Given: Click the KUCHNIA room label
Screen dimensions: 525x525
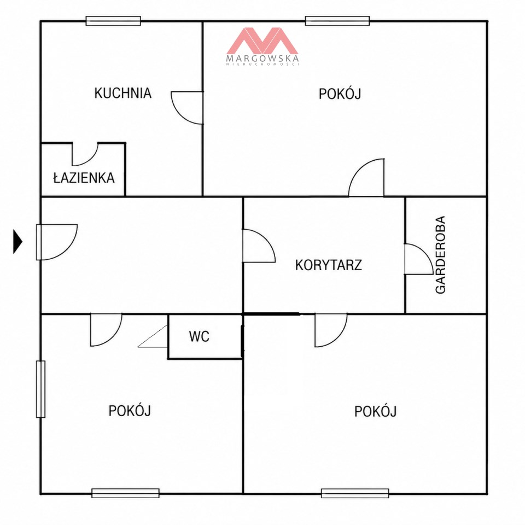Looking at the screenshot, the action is pos(123,93).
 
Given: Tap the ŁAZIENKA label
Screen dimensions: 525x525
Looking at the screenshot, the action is pos(84,177).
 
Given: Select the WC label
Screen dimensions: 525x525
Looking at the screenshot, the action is pos(199,336).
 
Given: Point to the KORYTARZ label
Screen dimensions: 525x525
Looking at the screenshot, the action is pos(329,265).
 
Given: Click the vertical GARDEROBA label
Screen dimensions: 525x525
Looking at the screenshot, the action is pos(440,255).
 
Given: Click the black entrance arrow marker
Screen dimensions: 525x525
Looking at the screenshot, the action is pos(17,241).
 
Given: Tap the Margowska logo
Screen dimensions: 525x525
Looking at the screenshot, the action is pos(262,46).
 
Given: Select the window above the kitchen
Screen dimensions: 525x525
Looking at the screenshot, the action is pos(113,21).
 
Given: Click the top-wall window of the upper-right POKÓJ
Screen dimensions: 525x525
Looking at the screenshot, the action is pos(337,21).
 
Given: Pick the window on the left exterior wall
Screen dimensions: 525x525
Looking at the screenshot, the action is pos(40,389).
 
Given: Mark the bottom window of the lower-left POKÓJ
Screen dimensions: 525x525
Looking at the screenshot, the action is pos(126,493).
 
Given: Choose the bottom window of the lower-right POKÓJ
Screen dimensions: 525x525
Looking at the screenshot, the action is pos(355,493).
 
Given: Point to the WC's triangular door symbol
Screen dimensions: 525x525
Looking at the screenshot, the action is pos(153,336).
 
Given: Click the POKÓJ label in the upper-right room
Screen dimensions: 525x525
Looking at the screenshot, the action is pos(340,94).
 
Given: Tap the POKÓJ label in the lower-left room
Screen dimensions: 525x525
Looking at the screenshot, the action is pos(130,410).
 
